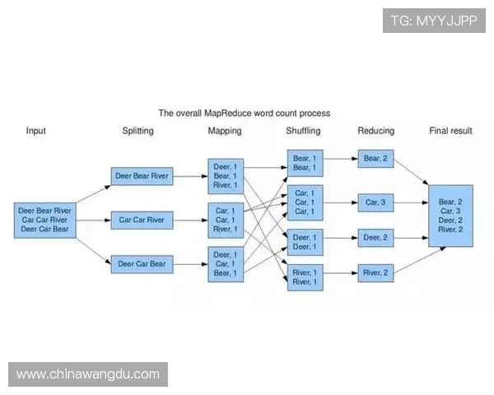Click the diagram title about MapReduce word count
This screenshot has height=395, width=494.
tap(245, 113)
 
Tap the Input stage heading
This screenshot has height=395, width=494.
tap(36, 131)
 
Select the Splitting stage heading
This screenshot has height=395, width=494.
tap(137, 131)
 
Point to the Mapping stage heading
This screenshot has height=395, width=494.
tap(225, 131)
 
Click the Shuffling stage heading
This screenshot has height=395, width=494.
tap(303, 131)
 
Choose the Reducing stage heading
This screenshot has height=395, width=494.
tap(376, 131)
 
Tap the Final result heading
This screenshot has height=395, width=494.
tap(450, 131)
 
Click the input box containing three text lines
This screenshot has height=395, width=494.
tap(45, 220)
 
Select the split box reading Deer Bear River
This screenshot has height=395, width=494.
tap(142, 175)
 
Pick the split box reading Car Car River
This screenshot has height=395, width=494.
tap(142, 220)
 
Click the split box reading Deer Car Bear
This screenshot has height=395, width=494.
tap(142, 264)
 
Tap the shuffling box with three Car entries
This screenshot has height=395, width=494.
tap(305, 202)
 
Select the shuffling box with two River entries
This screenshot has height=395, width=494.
tap(305, 276)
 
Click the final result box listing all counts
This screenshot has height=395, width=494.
tap(450, 216)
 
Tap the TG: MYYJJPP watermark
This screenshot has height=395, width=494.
tap(434, 21)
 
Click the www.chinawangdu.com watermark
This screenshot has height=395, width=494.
tap(88, 374)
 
